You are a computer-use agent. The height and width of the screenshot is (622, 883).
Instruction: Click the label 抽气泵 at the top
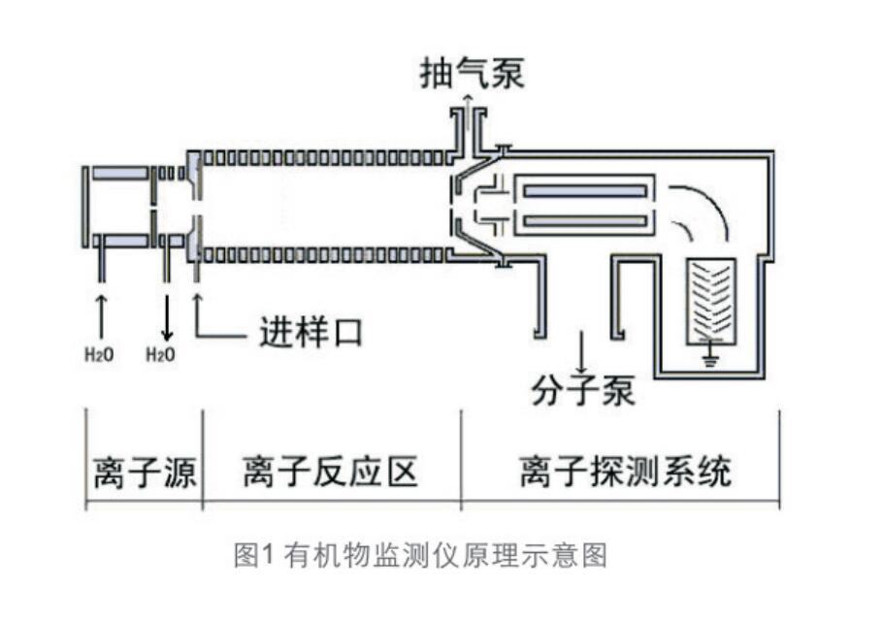[x=472, y=73]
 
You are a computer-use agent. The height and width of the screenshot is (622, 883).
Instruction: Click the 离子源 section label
[x=145, y=474]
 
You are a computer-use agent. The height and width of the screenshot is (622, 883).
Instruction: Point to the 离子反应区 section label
[x=330, y=474]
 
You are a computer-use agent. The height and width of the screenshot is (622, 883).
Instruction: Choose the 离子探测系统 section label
[x=624, y=474]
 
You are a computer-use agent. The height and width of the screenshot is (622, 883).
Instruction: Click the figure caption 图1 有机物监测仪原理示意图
[x=420, y=555]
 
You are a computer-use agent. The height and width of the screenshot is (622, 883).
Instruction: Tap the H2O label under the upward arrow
[x=99, y=355]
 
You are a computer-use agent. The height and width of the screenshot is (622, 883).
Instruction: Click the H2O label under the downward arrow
[x=160, y=355]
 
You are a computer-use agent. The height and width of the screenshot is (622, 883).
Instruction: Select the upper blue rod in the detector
[x=585, y=189]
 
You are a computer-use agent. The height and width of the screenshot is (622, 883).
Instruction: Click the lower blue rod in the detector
[x=585, y=221]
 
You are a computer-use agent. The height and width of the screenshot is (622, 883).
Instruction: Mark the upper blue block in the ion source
[x=121, y=174]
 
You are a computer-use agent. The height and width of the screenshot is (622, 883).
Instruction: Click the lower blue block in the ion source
[x=121, y=240]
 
